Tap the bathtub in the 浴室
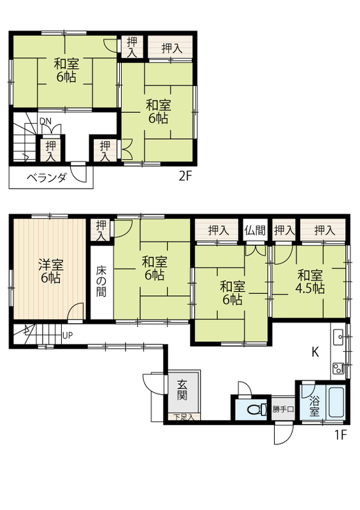click(336, 402)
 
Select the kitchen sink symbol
click(338, 337)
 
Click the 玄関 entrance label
click(182, 390)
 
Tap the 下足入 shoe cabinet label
click(184, 417)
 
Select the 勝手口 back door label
click(283, 409)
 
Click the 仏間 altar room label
click(255, 230)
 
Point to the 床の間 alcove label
click(101, 282)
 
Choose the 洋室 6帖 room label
click(50, 271)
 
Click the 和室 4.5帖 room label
click(310, 282)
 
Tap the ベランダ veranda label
click(47, 178)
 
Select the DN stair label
click(45, 121)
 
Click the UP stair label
click(68, 335)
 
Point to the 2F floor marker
click(185, 176)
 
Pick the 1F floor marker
click(340, 435)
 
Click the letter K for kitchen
click(315, 352)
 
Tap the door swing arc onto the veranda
click(79, 174)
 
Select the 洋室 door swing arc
click(75, 311)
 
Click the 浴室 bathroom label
click(314, 405)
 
